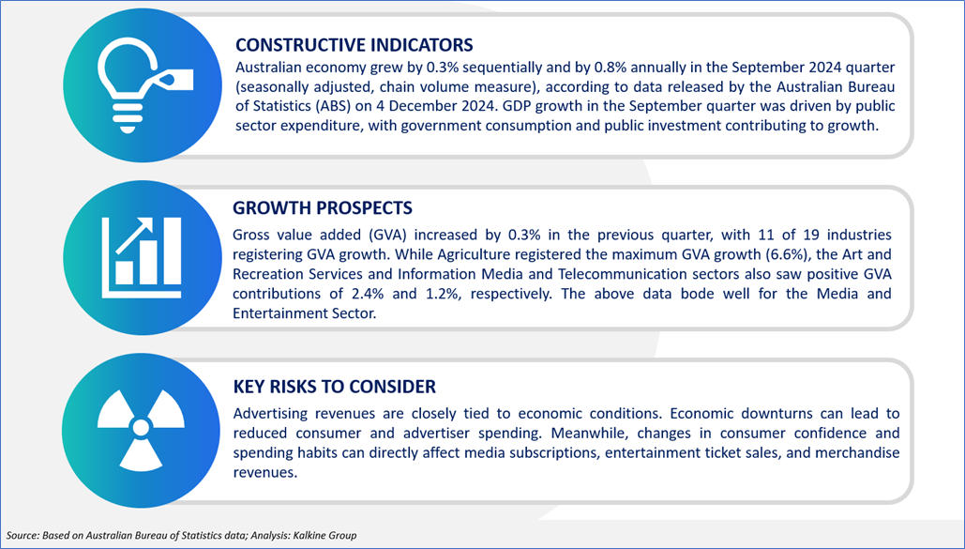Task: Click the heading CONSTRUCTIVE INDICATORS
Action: coord(354,45)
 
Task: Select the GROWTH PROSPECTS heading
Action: coord(323,207)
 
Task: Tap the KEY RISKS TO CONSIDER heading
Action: coord(334,387)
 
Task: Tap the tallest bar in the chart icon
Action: coord(170,251)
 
